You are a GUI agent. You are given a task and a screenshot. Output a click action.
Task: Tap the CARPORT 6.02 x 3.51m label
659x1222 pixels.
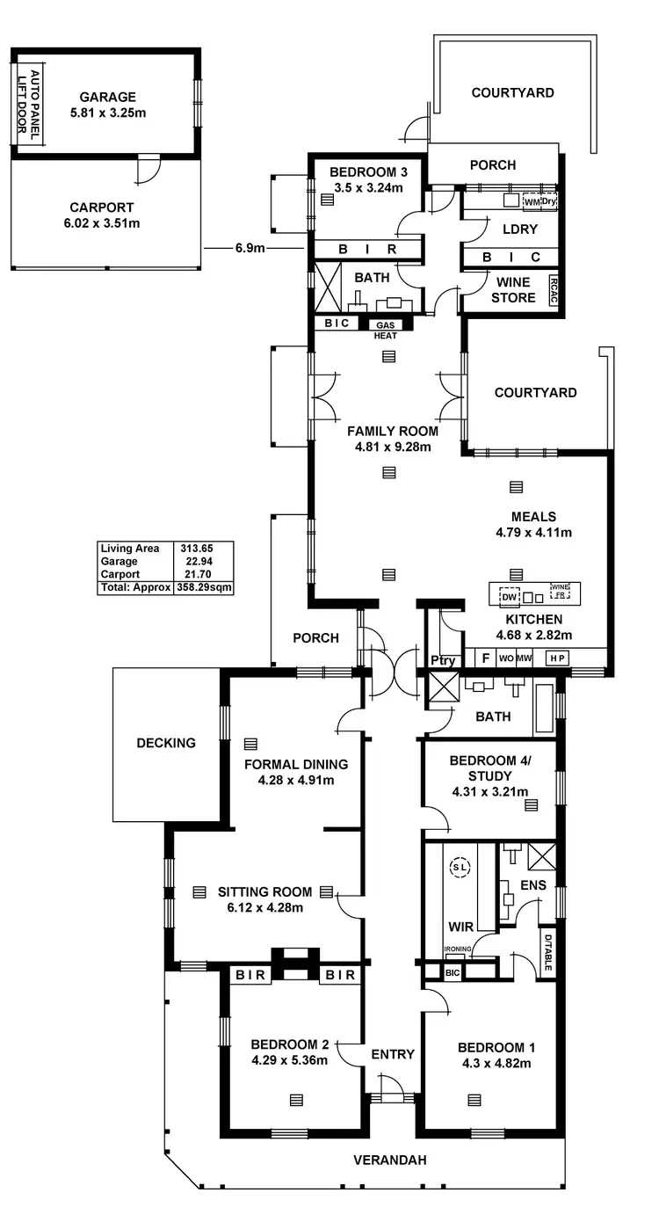pyautogui.click(x=102, y=215)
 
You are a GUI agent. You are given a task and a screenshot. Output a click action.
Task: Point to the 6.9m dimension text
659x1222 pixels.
pyautogui.click(x=250, y=249)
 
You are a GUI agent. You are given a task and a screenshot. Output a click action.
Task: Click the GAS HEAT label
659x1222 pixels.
pyautogui.click(x=386, y=330)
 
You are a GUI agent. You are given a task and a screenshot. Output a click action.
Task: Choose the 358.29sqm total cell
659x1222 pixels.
pyautogui.click(x=203, y=587)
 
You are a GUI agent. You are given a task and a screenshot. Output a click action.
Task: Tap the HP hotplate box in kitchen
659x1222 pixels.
pyautogui.click(x=556, y=657)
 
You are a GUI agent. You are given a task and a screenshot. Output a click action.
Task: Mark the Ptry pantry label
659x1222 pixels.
pyautogui.click(x=441, y=660)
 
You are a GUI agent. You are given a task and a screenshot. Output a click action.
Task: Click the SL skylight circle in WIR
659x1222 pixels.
pyautogui.click(x=460, y=867)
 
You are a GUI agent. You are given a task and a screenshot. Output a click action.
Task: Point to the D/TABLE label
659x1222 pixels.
pyautogui.click(x=546, y=951)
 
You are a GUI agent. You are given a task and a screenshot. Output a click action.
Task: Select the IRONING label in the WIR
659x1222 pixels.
pyautogui.click(x=457, y=949)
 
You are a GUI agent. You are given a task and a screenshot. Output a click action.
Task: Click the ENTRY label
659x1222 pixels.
pyautogui.click(x=392, y=1054)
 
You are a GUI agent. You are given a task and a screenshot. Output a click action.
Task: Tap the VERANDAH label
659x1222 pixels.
pyautogui.click(x=389, y=1160)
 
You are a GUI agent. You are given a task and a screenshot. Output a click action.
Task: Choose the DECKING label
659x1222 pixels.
pyautogui.click(x=166, y=743)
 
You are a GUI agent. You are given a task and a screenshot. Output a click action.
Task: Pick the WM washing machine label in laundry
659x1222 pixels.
pyautogui.click(x=532, y=201)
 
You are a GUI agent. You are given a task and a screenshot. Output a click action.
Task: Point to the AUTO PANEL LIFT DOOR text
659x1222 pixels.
pyautogui.click(x=29, y=101)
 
